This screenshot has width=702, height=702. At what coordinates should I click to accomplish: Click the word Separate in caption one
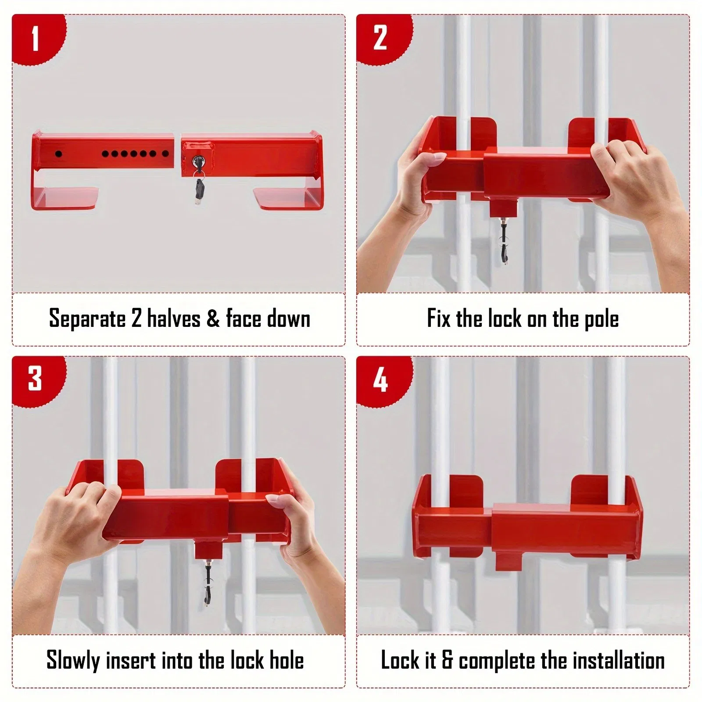point(87,319)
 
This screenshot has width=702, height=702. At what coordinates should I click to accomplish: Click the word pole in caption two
point(602,319)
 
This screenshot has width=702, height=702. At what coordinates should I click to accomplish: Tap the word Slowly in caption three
point(73,660)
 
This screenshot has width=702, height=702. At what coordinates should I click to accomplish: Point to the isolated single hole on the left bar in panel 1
point(58,154)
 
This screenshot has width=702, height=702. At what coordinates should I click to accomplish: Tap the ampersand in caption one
point(213,319)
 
